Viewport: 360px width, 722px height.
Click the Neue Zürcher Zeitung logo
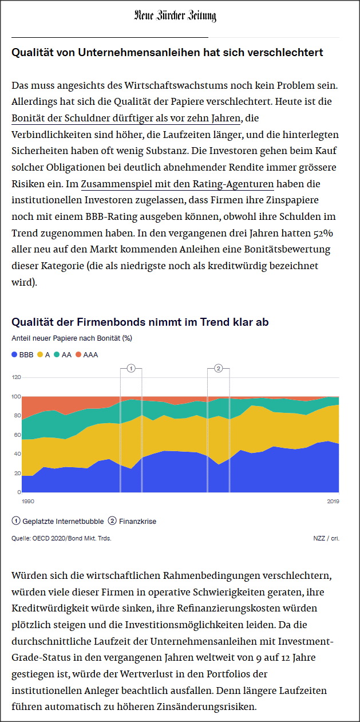[175, 16]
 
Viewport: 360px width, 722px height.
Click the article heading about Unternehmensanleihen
[167, 53]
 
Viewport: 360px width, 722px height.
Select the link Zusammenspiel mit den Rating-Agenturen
[177, 184]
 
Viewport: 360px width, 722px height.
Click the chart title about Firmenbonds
[140, 322]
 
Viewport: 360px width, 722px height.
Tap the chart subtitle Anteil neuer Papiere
[72, 338]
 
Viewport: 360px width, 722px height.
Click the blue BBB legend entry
[23, 354]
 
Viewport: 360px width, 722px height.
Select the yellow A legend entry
[44, 354]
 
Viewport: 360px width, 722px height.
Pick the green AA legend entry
[63, 354]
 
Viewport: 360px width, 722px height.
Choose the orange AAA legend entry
[87, 354]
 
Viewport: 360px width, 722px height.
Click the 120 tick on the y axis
[16, 377]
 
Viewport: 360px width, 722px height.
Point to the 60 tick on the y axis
[16, 435]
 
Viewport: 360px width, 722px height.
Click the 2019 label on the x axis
[333, 502]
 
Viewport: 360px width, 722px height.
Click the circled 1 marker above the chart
[131, 368]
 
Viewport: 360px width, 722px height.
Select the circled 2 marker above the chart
[218, 368]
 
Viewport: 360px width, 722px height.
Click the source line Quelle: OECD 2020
[61, 538]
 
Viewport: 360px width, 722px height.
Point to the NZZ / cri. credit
[326, 538]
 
